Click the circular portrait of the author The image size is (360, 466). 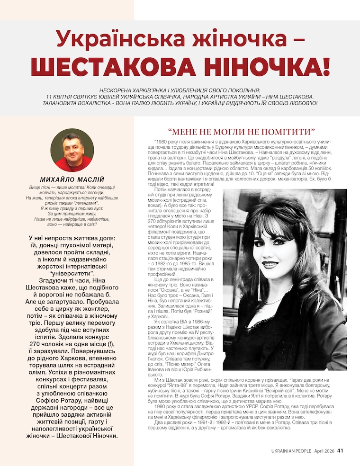[x=72, y=150]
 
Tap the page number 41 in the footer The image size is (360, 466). [x=340, y=450]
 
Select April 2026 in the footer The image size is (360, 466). [x=324, y=451]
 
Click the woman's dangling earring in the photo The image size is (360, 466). [x=259, y=278]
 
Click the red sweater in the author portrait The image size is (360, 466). [x=72, y=165]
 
